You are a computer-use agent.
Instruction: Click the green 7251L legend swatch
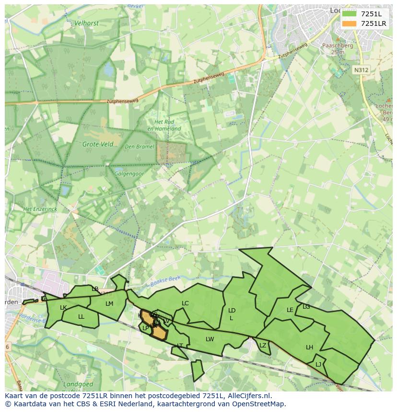[x=349, y=13]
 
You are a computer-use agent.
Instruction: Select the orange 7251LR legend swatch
[x=349, y=23]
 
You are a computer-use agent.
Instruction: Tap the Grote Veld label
[x=98, y=144]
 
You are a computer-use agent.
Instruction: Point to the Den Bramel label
[x=140, y=146]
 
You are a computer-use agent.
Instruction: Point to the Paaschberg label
[x=338, y=45]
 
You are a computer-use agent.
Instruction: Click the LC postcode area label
[x=185, y=303]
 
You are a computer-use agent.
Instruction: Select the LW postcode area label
[x=210, y=339]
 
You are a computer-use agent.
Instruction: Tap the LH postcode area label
[x=309, y=347]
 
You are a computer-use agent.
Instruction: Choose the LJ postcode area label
[x=318, y=364]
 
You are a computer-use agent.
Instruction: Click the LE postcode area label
[x=290, y=310]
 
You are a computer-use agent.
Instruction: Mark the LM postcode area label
[x=109, y=303]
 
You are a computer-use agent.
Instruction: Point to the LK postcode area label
[x=63, y=308]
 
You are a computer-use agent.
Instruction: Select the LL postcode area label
[x=81, y=316]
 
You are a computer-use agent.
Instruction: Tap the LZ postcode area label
[x=263, y=345]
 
